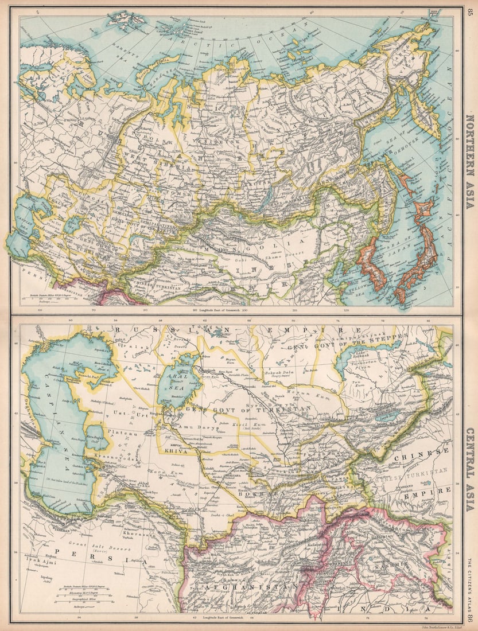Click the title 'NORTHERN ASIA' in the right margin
470,161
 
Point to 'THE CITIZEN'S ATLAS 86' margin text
470,591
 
